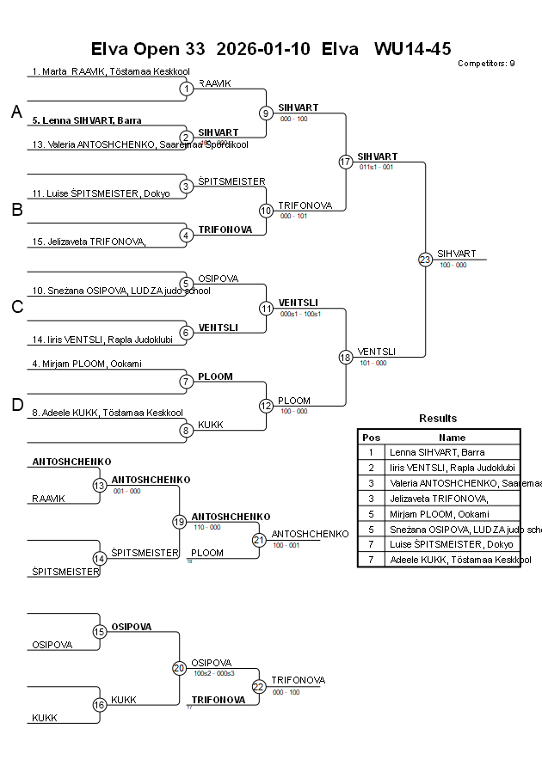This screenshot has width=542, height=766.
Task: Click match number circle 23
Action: [x=425, y=259]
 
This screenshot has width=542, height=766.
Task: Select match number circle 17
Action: [x=346, y=162]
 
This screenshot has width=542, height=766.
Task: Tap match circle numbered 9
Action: [x=266, y=113]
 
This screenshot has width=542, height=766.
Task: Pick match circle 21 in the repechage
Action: [x=259, y=540]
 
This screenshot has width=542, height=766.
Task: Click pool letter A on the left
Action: [x=16, y=112]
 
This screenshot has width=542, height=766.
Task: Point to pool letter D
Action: [x=16, y=405]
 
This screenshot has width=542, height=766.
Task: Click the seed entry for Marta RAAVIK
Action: [x=110, y=71]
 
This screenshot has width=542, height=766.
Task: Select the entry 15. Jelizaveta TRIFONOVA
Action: [x=89, y=242]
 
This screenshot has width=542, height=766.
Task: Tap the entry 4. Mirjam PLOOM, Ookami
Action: [x=86, y=364]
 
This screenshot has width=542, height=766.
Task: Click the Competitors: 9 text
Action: [x=486, y=63]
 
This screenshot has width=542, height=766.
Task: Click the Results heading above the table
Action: [x=438, y=419]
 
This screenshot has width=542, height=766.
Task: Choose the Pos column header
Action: [x=371, y=437]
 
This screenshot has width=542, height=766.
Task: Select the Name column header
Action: [x=452, y=437]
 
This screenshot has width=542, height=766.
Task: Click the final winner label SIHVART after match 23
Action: [x=456, y=254]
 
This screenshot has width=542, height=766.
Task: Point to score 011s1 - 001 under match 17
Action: [x=376, y=167]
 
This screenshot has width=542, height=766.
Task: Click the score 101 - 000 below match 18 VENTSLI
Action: [x=373, y=363]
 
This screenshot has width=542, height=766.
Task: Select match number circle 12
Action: [x=266, y=405]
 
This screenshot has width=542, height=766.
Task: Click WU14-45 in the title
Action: [x=412, y=48]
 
